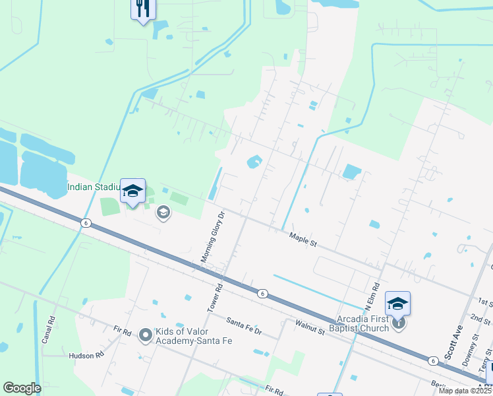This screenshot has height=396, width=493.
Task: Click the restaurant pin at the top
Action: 143,9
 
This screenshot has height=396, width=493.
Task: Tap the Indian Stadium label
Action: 94,187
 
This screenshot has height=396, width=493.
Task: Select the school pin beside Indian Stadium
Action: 132,192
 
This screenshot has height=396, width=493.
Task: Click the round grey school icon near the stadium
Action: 163,212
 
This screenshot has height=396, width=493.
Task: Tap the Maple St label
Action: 304,240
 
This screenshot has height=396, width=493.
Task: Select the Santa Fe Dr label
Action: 244,325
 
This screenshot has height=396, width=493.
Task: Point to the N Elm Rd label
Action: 373,296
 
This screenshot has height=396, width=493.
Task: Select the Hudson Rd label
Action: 86,355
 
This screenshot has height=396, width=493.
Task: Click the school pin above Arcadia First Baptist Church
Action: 397,304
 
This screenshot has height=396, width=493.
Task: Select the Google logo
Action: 22,388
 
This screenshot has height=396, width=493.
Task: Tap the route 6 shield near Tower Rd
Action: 262,293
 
